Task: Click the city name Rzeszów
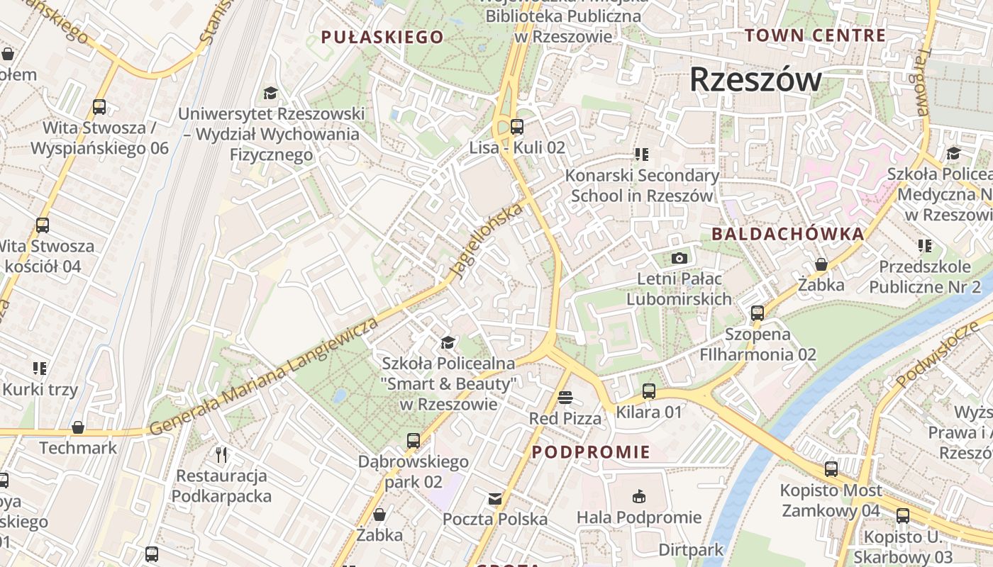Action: coord(755,79)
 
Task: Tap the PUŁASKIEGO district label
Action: coord(382,37)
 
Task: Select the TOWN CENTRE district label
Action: coord(815,35)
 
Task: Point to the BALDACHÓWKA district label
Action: coord(787,234)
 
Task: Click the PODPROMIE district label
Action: coord(591,452)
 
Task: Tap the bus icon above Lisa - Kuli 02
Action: coord(517,128)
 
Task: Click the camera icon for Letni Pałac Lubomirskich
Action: coord(679,259)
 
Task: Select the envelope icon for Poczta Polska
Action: coord(495,499)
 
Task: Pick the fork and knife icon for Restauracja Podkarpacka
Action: coord(221,454)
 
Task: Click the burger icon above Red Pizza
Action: coord(565,398)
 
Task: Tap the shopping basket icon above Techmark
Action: coord(78,427)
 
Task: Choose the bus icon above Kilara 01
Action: coord(648,391)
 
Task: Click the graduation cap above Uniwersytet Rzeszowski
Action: coord(270,93)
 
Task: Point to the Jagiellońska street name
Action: coord(489,241)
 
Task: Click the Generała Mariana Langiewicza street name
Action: coord(262,378)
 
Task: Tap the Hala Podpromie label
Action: coord(638,518)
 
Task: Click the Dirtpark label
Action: coord(691,550)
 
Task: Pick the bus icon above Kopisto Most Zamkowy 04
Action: coord(831,469)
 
